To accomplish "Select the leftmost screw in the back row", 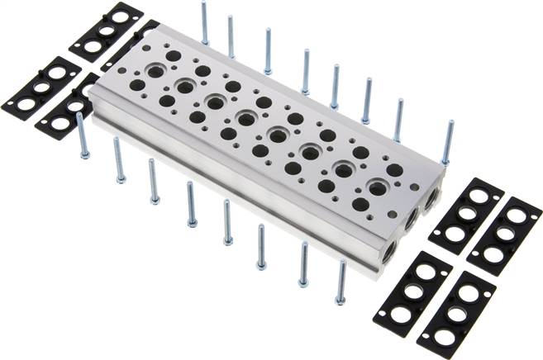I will [x=204, y=22].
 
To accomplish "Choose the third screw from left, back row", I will [x=268, y=50].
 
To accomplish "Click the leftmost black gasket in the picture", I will [x=30, y=87].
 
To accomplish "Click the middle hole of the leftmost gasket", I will [x=30, y=88].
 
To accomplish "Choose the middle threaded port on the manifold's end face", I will [x=410, y=221].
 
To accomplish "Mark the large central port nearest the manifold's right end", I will [x=379, y=186].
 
